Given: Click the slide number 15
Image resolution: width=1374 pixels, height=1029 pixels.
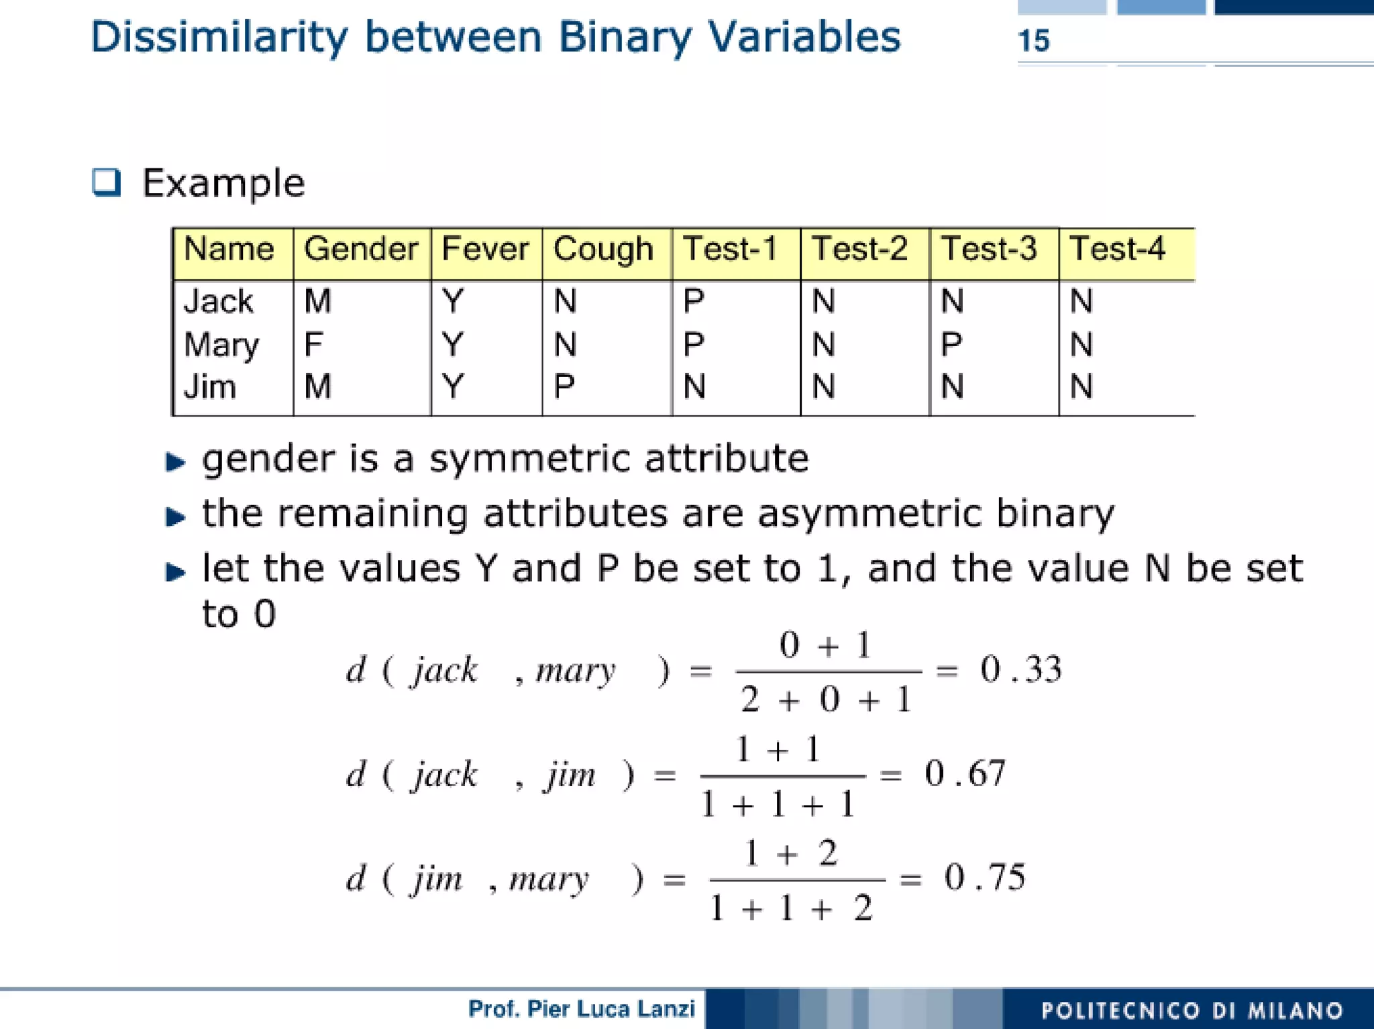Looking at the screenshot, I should (x=1033, y=40).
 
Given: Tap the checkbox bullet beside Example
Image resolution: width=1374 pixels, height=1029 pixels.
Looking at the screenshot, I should (x=107, y=182).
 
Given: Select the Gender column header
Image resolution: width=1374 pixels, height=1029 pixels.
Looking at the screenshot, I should (x=361, y=249).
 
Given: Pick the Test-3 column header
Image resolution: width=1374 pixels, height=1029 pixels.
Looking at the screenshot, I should (x=989, y=249).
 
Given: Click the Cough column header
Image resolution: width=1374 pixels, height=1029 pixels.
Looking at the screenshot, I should (x=603, y=249).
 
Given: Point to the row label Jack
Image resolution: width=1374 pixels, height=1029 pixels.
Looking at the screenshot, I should (x=219, y=301).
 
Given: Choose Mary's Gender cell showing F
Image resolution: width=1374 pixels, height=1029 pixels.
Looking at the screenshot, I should (x=313, y=344).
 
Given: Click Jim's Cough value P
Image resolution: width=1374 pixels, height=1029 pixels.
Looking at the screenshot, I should (x=564, y=386).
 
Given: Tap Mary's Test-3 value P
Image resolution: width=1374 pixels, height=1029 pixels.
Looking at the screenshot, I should (x=951, y=344).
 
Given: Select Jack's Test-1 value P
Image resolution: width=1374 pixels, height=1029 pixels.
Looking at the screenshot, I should (x=694, y=301).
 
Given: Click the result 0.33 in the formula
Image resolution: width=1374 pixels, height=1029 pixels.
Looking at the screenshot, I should (x=1021, y=669).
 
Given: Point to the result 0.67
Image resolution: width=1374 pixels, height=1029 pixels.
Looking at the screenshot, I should (x=965, y=773).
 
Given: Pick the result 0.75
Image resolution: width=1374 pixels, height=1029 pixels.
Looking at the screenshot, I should (x=985, y=877).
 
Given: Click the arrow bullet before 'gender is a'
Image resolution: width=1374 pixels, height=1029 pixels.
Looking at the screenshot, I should (x=175, y=462).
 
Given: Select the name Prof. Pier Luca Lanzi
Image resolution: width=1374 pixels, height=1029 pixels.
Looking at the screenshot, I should (x=581, y=1009).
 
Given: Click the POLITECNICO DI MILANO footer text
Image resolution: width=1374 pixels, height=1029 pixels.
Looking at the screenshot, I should (x=1192, y=1010).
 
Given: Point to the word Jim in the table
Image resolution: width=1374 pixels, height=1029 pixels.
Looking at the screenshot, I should (x=210, y=387).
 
